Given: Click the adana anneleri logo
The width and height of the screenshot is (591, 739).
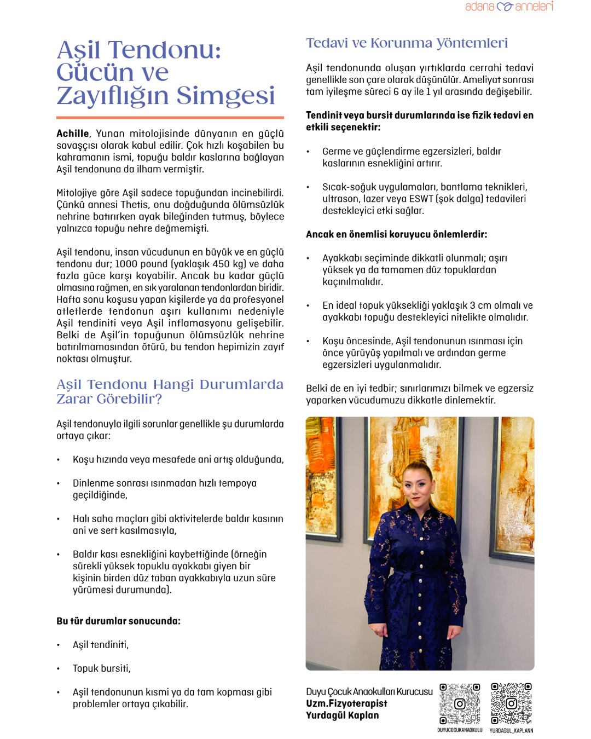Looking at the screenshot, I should [509, 7].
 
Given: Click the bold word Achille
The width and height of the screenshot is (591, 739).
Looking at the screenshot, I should [72, 134].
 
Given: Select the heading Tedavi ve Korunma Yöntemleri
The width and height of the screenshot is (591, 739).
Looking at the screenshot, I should [407, 43].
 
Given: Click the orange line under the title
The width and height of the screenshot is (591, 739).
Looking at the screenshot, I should [170, 117].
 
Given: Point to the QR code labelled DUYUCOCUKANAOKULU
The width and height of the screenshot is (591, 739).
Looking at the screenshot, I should [460, 703].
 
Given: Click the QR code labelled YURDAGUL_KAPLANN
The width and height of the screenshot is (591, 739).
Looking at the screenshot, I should [511, 703].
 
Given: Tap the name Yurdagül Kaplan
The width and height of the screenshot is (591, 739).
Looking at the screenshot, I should [342, 715].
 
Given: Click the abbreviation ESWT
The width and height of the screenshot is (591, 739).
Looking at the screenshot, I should [421, 199].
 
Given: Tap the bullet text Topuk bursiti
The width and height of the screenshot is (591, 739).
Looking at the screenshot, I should [102, 668].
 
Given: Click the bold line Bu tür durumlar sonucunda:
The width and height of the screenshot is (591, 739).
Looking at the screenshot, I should [118, 621].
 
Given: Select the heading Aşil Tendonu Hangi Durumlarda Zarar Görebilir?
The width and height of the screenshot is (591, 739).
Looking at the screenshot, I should [170, 391].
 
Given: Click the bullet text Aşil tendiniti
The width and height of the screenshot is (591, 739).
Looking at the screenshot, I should [101, 645].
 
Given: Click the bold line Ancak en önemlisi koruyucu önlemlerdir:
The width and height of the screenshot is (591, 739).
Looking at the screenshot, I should [396, 234].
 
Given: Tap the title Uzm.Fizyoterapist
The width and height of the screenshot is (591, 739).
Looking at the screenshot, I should [346, 703].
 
